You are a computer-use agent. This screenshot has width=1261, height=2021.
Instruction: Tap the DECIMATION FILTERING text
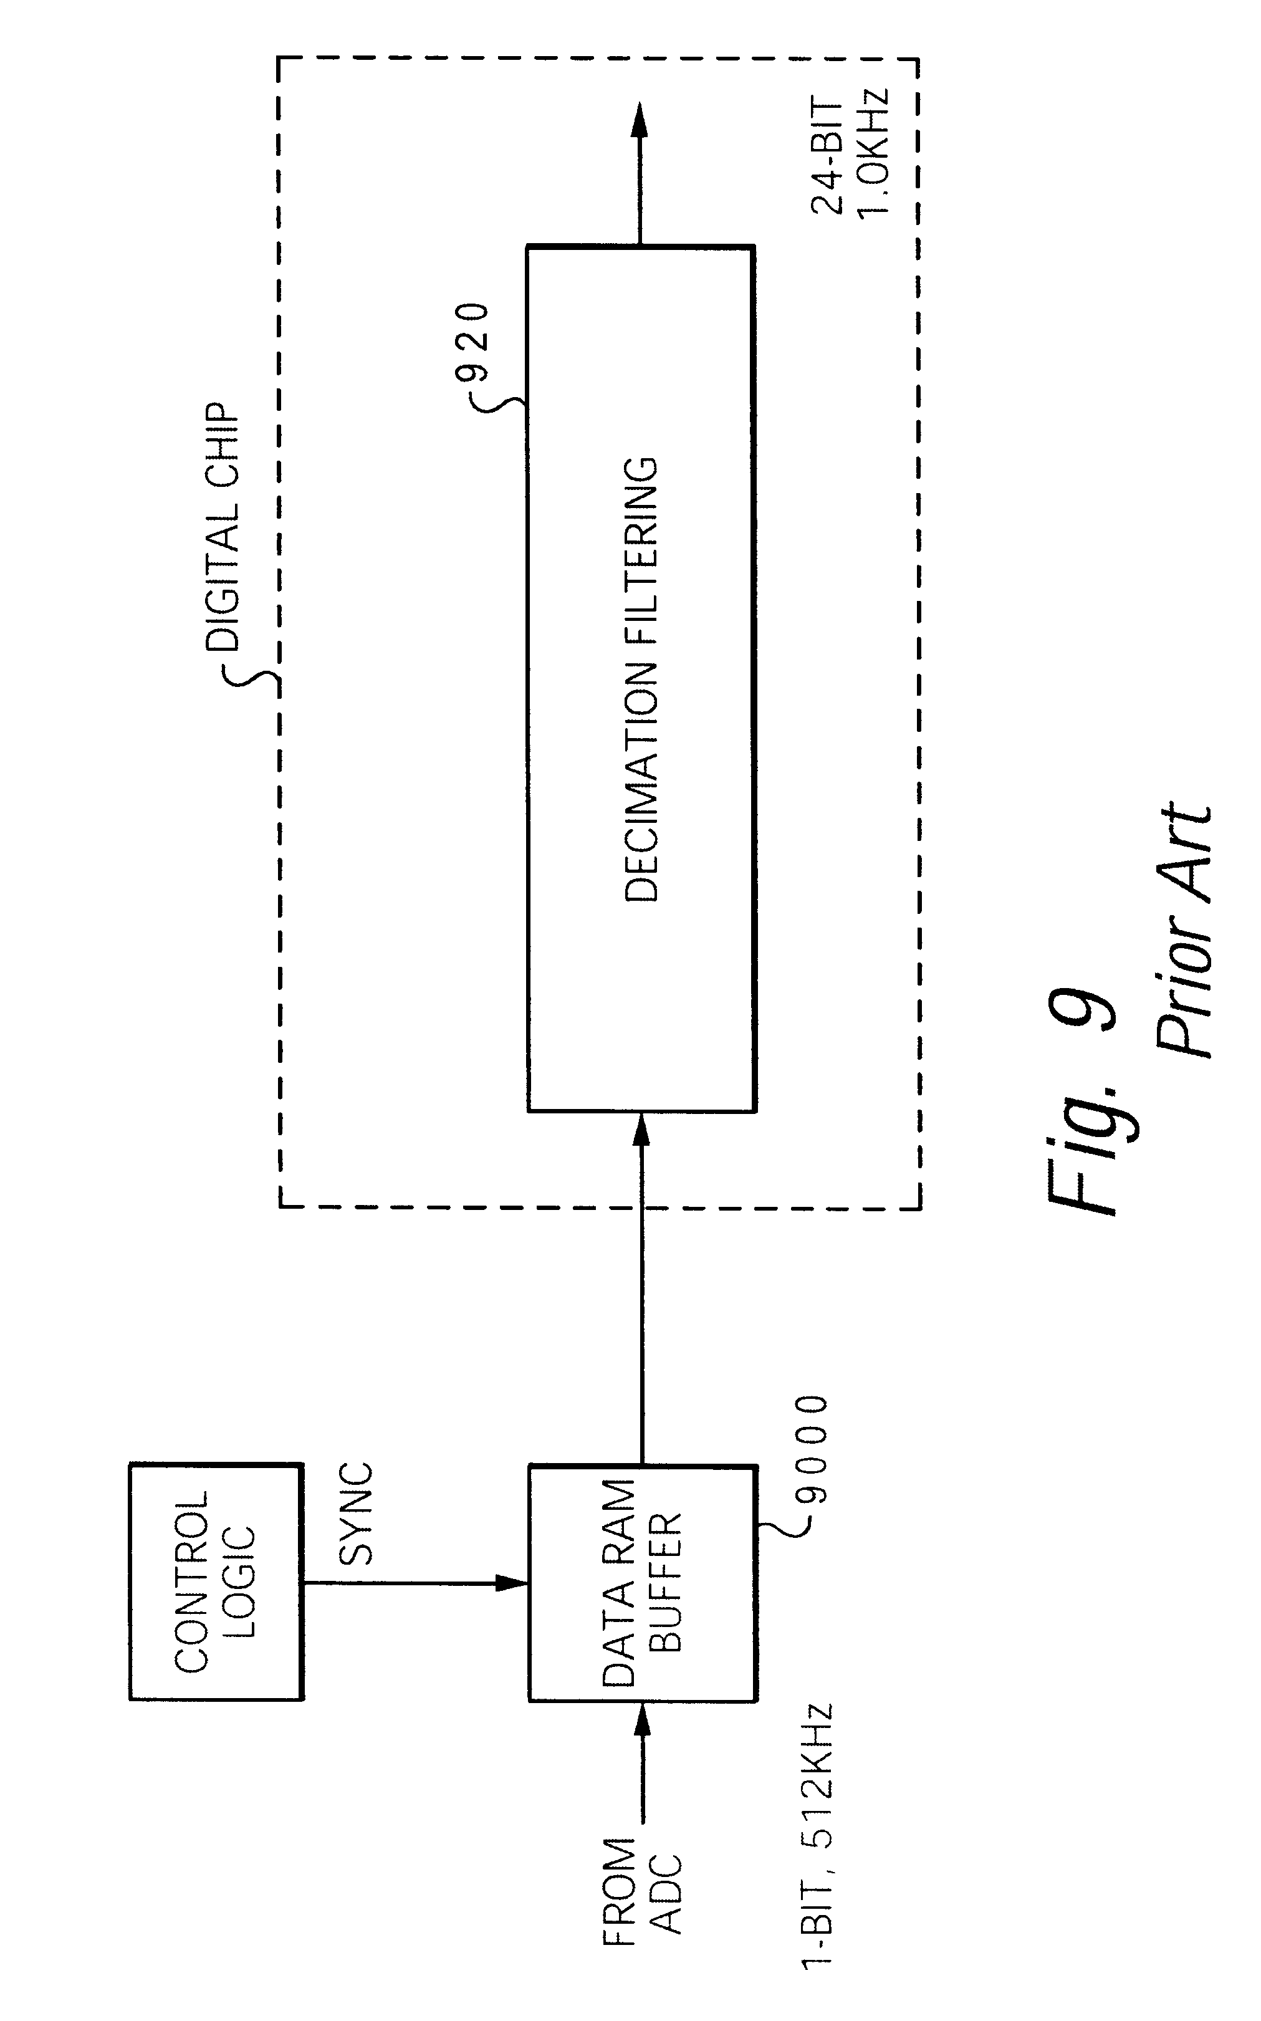pos(642,679)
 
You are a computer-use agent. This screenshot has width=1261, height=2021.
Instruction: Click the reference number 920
pos(473,342)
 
